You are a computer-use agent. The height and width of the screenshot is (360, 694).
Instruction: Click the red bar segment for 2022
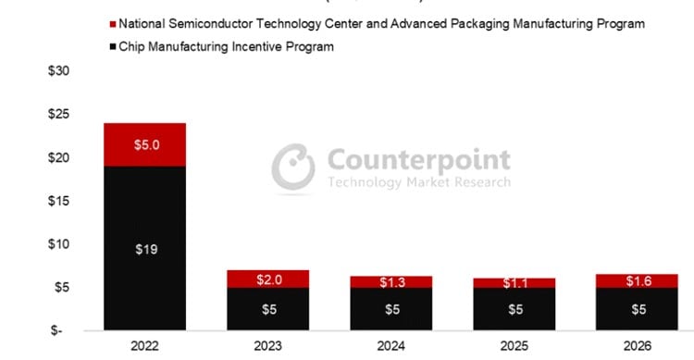point(144,144)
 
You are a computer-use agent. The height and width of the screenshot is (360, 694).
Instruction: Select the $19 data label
point(144,249)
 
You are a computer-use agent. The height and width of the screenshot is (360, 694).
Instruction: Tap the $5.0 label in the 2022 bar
point(144,144)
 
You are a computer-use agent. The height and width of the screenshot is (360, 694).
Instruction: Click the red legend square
point(114,23)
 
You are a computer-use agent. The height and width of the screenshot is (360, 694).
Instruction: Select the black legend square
point(114,46)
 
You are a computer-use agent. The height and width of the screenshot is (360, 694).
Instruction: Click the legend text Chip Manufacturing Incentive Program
point(228,46)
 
